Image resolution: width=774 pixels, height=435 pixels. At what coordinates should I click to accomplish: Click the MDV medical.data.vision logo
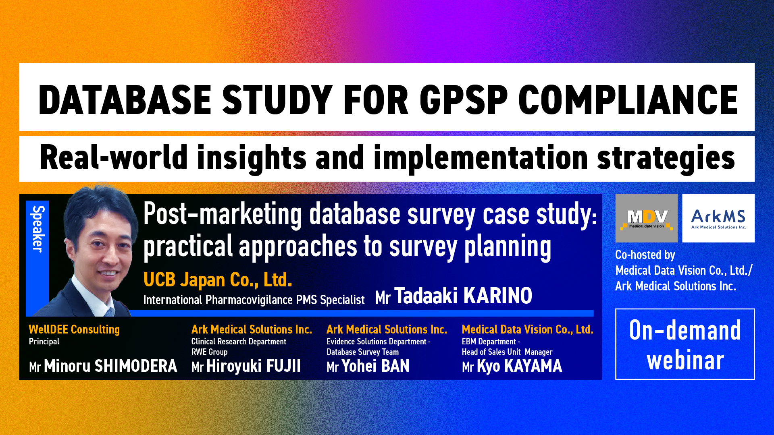[647, 218]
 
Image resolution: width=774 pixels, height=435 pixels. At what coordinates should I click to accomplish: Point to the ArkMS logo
[718, 218]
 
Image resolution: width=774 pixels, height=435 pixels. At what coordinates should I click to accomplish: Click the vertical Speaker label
[37, 229]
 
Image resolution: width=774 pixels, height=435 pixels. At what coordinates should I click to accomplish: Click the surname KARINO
[497, 296]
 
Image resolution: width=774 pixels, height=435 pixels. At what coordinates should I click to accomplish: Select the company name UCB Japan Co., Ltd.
[218, 280]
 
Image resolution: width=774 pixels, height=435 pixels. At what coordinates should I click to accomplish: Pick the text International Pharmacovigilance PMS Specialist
[254, 300]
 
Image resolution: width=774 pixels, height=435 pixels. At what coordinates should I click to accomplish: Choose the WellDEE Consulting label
[74, 329]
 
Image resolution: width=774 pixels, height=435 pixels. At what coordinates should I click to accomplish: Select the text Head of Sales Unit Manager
[507, 352]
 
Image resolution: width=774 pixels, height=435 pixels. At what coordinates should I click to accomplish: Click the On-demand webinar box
[685, 344]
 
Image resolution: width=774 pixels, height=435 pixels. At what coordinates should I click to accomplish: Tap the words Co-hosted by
[645, 255]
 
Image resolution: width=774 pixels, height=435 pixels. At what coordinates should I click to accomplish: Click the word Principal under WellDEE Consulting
[44, 342]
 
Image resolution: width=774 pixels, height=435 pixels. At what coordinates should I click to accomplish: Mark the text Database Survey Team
[362, 352]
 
